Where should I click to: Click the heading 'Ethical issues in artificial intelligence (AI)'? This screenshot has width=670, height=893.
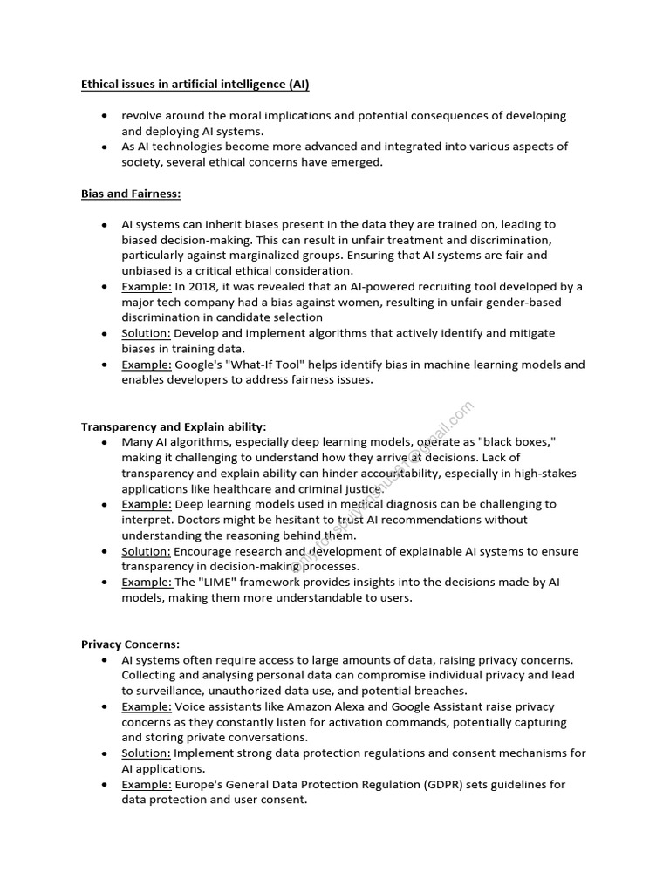(195, 85)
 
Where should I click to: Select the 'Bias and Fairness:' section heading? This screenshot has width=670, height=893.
(131, 194)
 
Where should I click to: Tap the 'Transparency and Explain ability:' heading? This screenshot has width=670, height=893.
(174, 426)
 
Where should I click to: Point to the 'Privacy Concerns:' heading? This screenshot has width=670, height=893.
(130, 644)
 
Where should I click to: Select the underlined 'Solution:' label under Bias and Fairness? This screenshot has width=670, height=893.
(146, 333)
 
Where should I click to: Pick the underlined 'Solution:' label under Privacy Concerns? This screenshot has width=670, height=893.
(146, 753)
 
